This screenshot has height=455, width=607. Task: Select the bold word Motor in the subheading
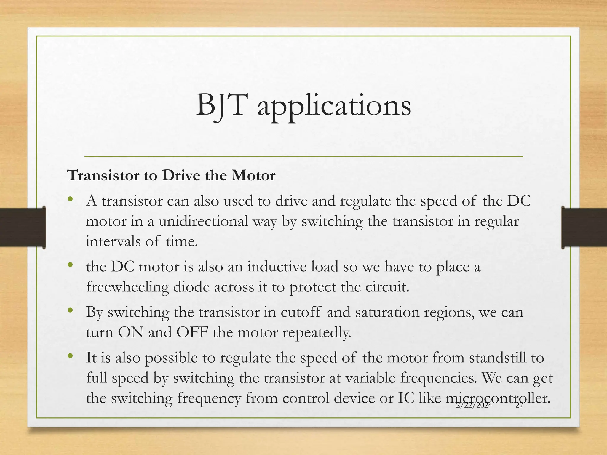coord(253,175)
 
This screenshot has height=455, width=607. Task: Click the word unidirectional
coord(203,221)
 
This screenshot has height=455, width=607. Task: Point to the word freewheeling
coord(127,287)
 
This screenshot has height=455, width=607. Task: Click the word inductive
coord(293,266)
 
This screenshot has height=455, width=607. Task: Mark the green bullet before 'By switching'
coord(70,310)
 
